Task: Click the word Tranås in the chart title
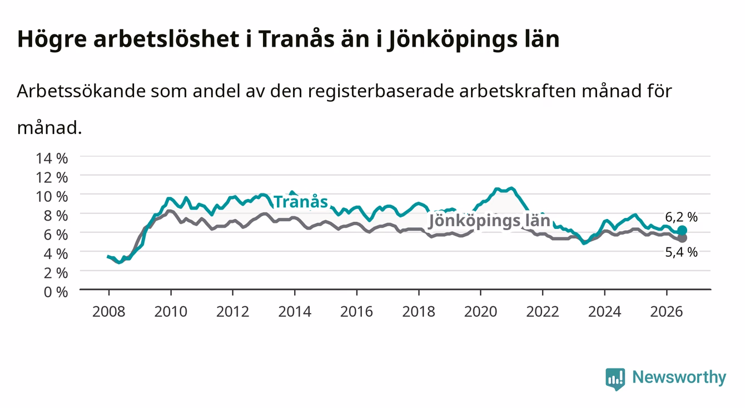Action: (x=296, y=38)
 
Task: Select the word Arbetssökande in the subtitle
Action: (x=81, y=91)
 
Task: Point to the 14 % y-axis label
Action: (x=52, y=158)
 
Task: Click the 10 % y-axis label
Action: (x=52, y=197)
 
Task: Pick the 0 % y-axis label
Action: (x=56, y=292)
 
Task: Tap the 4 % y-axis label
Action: (x=56, y=254)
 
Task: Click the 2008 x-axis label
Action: (x=109, y=312)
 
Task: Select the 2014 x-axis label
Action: (x=295, y=312)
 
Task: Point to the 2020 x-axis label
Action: (x=480, y=312)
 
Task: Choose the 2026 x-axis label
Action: (x=667, y=312)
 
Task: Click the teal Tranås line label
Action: (x=301, y=202)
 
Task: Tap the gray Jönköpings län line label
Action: (x=489, y=221)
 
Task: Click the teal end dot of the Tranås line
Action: (x=682, y=230)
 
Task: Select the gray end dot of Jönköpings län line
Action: (x=682, y=238)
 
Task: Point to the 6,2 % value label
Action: (x=682, y=217)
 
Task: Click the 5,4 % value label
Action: (x=682, y=252)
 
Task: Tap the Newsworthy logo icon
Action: (x=615, y=379)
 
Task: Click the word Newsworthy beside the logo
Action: (x=679, y=377)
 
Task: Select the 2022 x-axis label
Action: (x=543, y=312)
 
